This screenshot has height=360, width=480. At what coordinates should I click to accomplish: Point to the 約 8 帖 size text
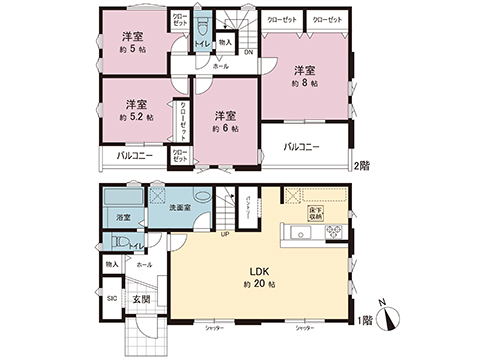coord(306,84)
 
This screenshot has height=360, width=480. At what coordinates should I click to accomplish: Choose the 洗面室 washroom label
coord(180,207)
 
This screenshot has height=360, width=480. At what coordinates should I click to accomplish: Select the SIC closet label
coord(112,298)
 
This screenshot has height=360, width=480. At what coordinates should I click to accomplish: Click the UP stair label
coord(226,236)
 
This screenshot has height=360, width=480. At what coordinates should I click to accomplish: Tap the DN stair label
coord(248,52)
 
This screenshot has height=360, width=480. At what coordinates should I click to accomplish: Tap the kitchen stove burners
coord(333,236)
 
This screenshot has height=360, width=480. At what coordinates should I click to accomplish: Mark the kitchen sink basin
coord(294,235)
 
